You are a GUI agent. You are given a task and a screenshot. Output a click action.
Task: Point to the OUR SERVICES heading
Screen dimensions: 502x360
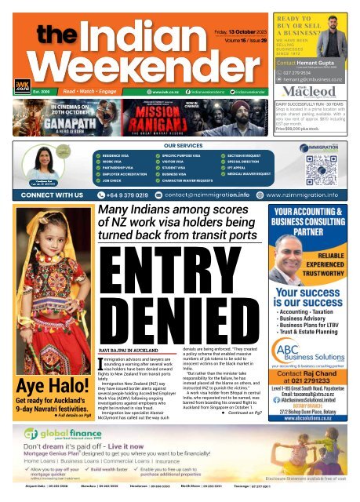(x=179, y=145)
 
